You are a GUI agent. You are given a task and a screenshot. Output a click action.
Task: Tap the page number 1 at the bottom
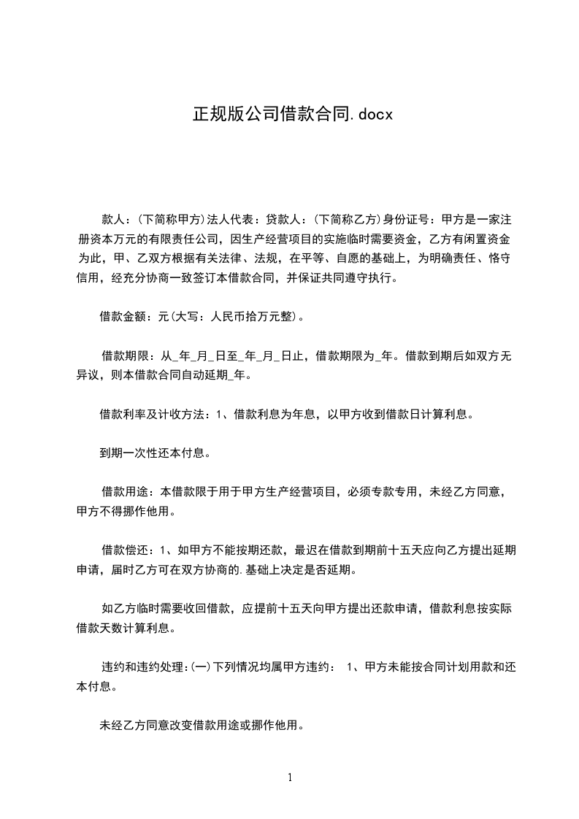[290, 777]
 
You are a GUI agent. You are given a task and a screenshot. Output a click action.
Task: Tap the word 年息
[302, 415]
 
